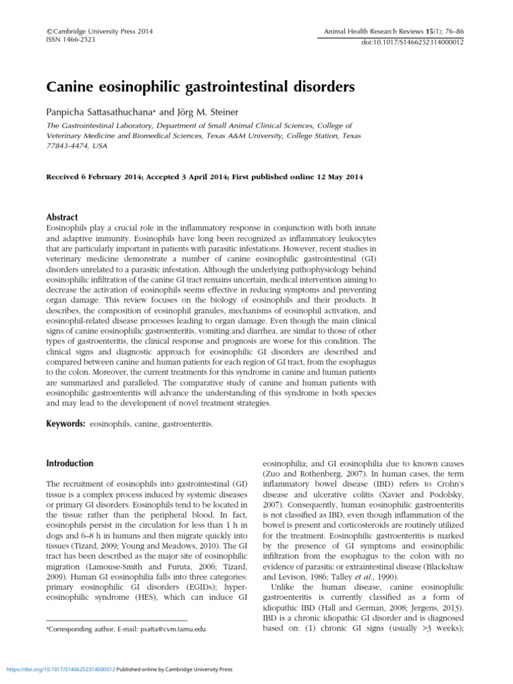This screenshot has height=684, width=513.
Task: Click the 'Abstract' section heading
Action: click(61, 217)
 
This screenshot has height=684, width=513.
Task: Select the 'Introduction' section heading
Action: click(69, 463)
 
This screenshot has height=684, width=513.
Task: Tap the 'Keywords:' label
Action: click(65, 423)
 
